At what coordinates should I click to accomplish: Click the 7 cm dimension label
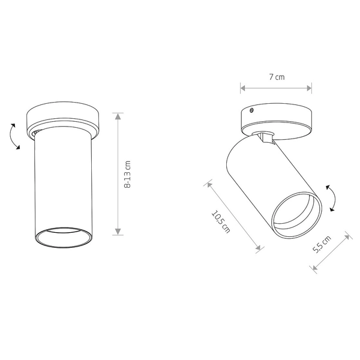277,77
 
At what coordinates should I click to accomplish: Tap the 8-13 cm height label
127,175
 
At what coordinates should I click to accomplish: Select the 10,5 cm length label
221,222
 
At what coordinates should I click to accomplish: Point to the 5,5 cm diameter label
322,244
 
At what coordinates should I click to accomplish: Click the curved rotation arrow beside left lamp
10,136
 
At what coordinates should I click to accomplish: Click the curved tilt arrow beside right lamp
334,197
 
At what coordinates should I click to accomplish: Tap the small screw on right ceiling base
251,110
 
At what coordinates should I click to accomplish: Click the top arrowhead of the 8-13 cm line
118,116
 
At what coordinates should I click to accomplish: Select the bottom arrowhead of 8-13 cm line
118,232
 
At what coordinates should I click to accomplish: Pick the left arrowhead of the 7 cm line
243,88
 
